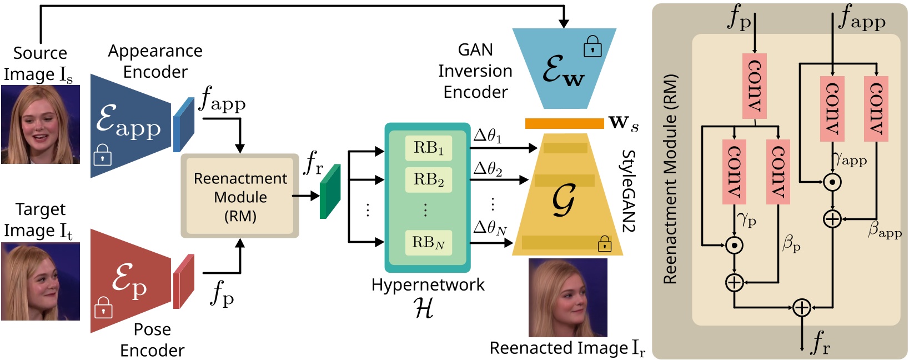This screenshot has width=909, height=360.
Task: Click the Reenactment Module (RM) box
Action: [240, 196]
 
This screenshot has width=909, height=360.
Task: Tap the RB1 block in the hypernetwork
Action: [428, 148]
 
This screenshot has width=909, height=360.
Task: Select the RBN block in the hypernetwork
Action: [428, 243]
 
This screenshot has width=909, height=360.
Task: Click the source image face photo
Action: [41, 124]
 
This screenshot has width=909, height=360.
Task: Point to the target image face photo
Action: [41, 282]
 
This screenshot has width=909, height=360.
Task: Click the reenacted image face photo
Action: [568, 298]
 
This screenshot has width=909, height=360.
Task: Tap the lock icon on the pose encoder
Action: [103, 307]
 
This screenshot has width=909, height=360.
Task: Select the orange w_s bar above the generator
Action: [564, 123]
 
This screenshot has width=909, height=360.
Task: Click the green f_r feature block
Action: [330, 192]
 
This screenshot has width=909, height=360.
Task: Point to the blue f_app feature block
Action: [184, 125]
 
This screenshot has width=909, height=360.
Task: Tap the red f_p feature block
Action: [184, 282]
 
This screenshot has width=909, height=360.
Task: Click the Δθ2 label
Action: [488, 169]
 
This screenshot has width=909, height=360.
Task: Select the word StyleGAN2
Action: [628, 191]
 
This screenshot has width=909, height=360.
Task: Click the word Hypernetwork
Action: [428, 285]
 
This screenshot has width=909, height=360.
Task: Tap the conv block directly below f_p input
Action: [754, 86]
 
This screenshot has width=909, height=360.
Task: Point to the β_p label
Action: [791, 243]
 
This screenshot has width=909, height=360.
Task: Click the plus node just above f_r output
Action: [801, 307]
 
